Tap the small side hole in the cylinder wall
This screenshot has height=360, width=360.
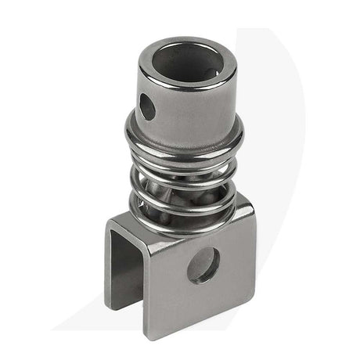click(x=147, y=106)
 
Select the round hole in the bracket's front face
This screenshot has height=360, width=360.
click(x=203, y=265)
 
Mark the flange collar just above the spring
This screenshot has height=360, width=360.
click(x=185, y=141)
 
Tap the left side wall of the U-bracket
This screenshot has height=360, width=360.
click(x=118, y=258)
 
